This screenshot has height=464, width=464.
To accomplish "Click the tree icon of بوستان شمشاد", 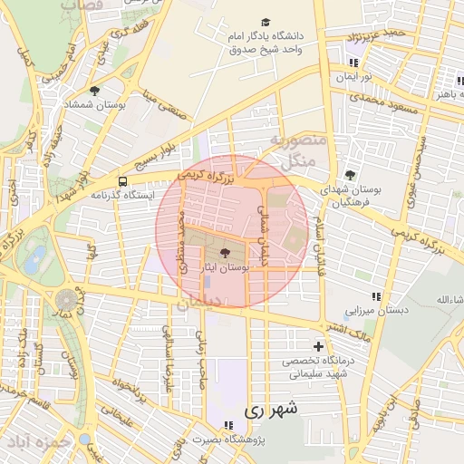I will [94, 91].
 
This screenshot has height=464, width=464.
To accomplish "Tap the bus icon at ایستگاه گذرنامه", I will [122, 181].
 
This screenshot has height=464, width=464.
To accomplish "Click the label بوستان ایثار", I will [225, 269].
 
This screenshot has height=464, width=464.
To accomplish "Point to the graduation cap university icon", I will [266, 23].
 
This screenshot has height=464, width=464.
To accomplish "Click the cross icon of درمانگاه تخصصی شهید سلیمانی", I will [317, 346].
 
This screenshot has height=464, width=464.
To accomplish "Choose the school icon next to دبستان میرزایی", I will [375, 296].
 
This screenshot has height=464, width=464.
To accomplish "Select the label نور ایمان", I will [354, 77].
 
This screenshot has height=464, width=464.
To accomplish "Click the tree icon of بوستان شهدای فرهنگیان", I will [350, 175].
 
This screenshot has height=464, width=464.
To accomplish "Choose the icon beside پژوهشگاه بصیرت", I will [228, 424].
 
